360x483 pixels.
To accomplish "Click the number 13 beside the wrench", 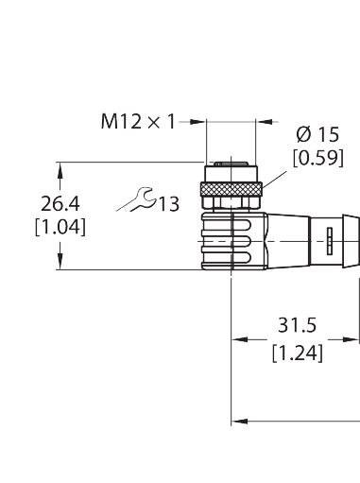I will click(x=167, y=204).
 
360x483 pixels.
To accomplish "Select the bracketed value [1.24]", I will click(x=297, y=354).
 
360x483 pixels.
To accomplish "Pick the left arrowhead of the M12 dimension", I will click(x=199, y=121).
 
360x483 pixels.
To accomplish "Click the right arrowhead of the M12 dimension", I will click(x=266, y=121).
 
